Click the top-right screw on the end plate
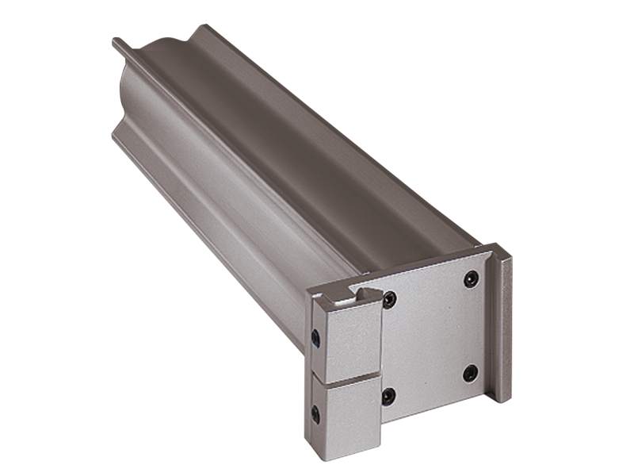click(x=471, y=278)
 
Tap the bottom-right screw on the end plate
click(x=470, y=372)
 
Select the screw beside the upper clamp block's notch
click(x=389, y=300)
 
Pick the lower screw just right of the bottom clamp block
click(x=388, y=395)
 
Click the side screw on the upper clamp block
click(x=316, y=338)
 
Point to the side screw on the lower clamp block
click(x=315, y=413)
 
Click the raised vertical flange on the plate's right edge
click(x=502, y=325)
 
